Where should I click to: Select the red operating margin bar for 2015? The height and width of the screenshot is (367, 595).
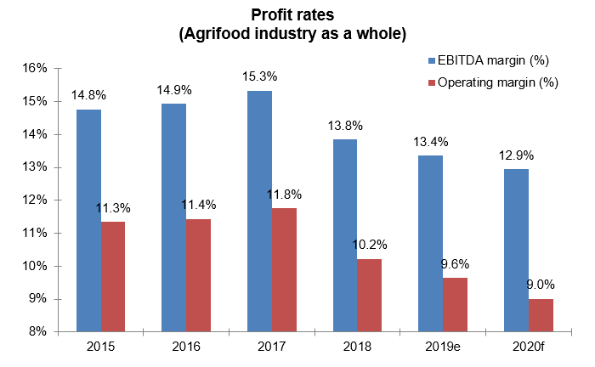tap(114, 276)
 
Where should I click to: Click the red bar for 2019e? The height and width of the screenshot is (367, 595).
tap(455, 304)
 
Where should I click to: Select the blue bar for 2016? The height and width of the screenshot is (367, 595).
tap(174, 217)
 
